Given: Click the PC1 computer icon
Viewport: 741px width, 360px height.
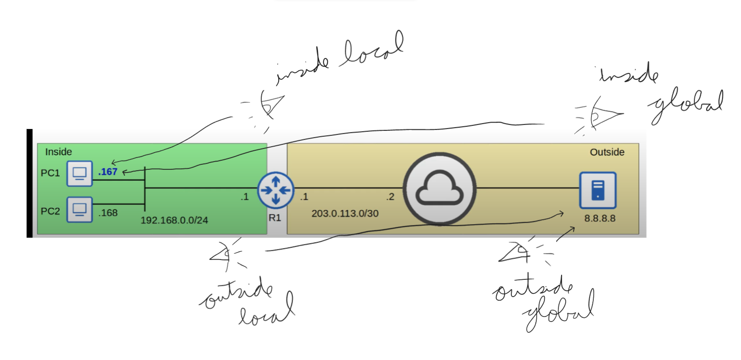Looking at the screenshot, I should click(80, 173).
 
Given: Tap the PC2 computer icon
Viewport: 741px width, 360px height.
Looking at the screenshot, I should click(80, 209).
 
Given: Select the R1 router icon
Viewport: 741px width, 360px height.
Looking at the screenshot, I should click(275, 190).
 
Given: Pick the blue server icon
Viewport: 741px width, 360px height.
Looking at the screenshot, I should click(598, 190).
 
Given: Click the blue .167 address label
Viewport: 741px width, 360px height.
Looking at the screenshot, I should click(108, 172).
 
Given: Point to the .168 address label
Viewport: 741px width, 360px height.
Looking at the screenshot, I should click(108, 213).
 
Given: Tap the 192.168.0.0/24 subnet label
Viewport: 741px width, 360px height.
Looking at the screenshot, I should click(174, 221).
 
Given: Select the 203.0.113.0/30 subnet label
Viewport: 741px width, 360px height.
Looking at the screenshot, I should click(345, 214).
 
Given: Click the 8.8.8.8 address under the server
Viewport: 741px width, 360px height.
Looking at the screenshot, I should click(600, 218).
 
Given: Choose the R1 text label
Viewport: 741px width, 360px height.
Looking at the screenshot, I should click(275, 218).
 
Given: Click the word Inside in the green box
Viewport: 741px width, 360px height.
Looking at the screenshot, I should click(58, 152).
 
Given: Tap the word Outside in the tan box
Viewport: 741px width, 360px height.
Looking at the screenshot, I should click(607, 153).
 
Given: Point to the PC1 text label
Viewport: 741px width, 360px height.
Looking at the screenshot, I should click(50, 173).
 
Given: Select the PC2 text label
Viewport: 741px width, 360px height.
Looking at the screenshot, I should click(50, 211).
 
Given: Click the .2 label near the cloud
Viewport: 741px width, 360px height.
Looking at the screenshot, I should click(390, 197).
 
